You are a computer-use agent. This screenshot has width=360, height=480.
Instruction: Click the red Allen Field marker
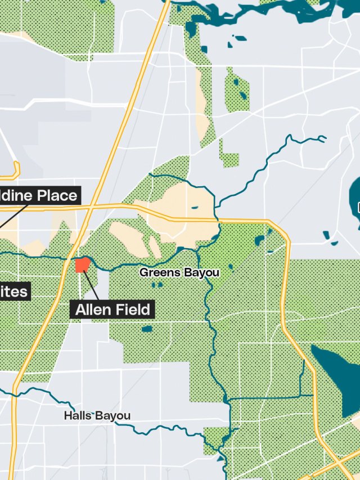click(x=82, y=265)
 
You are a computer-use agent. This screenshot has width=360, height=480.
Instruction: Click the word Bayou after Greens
click(x=201, y=273)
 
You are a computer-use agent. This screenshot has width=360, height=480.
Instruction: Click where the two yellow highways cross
click(x=91, y=208)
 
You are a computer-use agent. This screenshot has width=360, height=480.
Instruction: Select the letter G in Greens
click(x=144, y=273)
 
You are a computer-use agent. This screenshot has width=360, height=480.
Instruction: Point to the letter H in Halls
click(x=67, y=416)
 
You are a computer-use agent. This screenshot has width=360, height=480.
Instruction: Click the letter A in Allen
click(x=80, y=309)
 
